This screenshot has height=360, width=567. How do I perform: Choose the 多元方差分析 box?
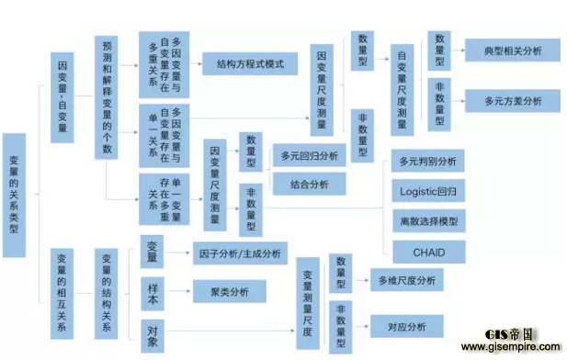pos(500,100)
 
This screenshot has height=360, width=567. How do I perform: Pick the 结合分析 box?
pos(309,184)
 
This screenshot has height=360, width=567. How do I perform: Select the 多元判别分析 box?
pos(428,162)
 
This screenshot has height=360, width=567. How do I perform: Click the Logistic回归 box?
pos(428,192)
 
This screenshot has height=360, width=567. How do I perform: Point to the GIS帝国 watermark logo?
pos(510,333)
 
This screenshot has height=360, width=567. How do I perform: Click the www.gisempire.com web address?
pos(510,348)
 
